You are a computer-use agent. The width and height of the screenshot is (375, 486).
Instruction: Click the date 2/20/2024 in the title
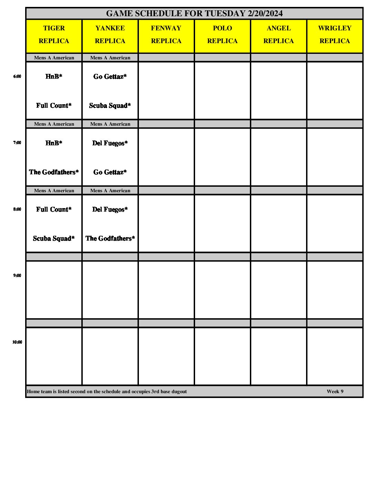pos(265,13)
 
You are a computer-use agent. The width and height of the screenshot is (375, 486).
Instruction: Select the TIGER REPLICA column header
pos(54,35)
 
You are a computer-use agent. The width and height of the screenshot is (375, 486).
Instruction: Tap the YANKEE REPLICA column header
pos(110,35)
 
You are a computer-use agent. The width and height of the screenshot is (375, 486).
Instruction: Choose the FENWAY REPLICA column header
pos(166,35)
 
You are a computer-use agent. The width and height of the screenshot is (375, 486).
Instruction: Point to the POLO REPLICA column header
pos(222,35)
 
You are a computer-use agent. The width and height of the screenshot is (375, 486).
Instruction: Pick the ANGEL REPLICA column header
pos(278,35)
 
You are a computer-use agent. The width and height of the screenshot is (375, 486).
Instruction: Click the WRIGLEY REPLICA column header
pos(335,35)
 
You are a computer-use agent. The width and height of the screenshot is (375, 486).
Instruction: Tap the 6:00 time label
pos(17,77)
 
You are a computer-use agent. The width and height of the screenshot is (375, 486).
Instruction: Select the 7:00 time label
pos(17,143)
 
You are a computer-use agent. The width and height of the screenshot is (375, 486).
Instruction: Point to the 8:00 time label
pos(17,209)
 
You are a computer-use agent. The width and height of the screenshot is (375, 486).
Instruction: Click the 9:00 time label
pos(17,275)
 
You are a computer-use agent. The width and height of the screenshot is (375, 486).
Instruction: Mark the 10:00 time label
pos(17,342)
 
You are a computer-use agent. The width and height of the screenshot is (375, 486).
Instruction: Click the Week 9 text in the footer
pos(335,391)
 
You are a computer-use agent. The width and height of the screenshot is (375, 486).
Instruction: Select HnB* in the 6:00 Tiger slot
pos(54,77)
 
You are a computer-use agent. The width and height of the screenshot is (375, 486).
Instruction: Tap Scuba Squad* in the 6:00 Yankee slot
pos(110,106)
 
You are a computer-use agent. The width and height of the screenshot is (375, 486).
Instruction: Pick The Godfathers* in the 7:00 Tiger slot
pos(54,172)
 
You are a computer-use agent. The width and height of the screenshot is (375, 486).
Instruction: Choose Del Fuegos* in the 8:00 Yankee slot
pos(110,210)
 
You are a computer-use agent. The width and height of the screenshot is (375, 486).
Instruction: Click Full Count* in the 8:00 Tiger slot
pos(54,210)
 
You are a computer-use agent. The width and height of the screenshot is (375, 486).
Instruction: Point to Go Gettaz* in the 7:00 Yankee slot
pos(110,172)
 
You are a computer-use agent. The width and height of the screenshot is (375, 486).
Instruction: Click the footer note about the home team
pos(107,391)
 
